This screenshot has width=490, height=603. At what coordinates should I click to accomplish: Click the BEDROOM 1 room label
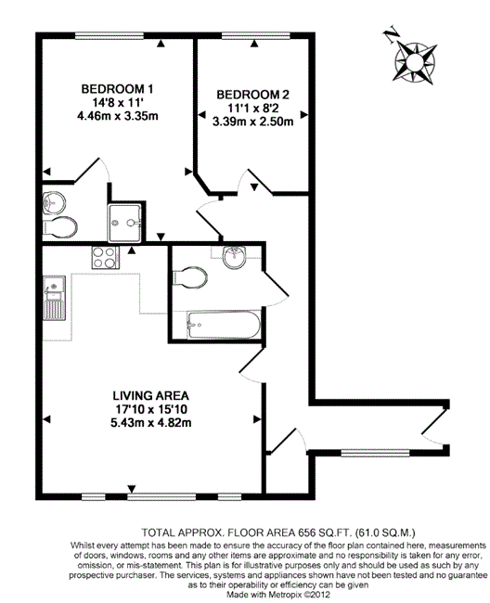117,89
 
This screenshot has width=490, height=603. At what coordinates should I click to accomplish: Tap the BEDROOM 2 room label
252,95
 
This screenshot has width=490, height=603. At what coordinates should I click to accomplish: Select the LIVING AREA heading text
150,396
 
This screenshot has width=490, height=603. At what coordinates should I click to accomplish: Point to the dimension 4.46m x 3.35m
118,116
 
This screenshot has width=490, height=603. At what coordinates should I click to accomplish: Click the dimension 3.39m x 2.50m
253,122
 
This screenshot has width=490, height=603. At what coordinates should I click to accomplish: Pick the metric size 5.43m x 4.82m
150,423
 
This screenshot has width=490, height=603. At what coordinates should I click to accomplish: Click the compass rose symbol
415,62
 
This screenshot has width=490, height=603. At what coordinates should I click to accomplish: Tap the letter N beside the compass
392,34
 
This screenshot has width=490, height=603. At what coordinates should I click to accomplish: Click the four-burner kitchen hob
105,257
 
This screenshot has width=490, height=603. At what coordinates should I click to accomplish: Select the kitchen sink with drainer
54,298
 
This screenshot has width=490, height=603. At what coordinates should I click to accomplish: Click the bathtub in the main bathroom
223,326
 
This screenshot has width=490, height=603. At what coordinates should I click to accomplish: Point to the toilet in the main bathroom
190,277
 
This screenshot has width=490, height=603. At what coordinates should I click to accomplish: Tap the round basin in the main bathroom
234,257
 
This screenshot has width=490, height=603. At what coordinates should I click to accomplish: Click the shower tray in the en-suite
124,223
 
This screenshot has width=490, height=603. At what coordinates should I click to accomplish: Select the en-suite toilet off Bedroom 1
60,227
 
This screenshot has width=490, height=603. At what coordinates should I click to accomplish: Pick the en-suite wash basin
54,202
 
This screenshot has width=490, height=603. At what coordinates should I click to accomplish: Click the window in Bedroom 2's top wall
256,36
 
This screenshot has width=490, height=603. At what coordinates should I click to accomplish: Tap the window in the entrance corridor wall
375,453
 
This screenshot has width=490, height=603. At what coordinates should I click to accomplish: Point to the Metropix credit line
278,595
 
